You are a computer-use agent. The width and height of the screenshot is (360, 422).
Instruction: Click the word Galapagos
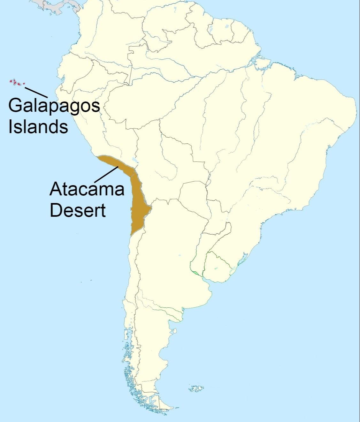[54, 106]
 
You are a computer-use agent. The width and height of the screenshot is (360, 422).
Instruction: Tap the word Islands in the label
[38, 126]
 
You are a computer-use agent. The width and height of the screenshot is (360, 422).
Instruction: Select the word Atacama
[87, 189]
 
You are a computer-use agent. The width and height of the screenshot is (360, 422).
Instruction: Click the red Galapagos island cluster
[16, 82]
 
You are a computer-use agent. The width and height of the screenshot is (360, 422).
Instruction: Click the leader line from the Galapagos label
[36, 92]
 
